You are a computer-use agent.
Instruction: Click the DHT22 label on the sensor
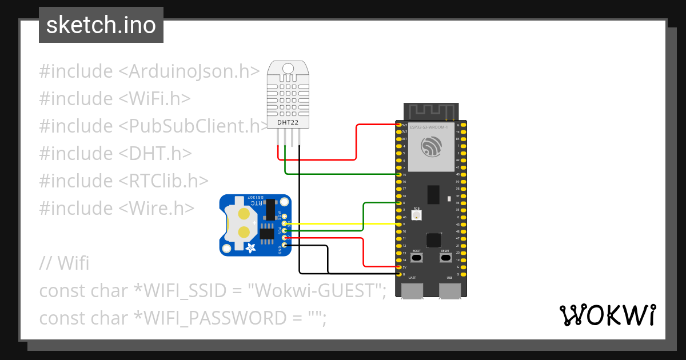tap(288, 123)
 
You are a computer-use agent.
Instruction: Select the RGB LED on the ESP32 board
tap(416, 215)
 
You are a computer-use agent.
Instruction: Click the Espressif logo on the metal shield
tap(431, 147)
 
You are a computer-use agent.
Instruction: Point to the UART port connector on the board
tap(412, 290)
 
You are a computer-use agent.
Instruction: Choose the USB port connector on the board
tap(449, 290)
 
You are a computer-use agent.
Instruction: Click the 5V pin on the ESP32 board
tap(398, 267)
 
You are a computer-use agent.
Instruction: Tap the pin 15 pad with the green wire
tap(398, 174)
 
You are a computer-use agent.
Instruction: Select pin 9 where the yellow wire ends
tap(398, 224)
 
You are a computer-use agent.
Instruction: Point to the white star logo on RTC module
tap(250, 247)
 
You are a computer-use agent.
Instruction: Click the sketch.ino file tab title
tap(101, 25)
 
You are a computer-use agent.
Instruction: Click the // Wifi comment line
tap(64, 263)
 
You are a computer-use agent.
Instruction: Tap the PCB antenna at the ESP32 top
tap(431, 111)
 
